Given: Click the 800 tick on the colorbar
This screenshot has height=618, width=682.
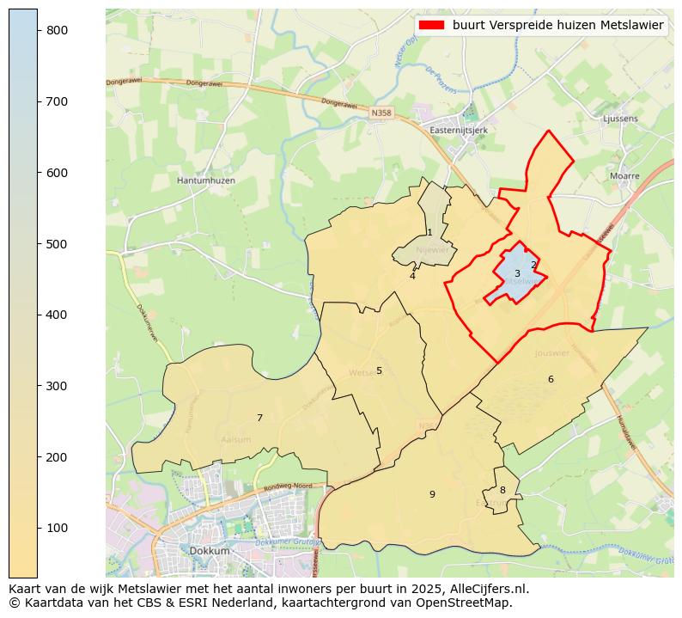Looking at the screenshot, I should [38, 30].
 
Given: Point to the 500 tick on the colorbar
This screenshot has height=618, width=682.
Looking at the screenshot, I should [38, 244].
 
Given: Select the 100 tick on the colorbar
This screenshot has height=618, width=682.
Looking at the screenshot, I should [38, 528].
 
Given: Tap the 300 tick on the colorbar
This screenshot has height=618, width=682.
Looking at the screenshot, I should [38, 386].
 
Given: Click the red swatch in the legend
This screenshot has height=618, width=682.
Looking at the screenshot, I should [432, 25].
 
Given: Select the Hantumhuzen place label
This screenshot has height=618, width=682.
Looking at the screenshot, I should [205, 181].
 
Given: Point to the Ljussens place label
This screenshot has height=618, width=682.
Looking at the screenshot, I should [623, 119].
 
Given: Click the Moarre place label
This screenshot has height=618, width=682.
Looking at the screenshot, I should [624, 175].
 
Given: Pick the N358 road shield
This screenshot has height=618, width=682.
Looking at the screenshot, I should [381, 113].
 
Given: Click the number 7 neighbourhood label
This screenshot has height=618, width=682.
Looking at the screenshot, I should [259, 419].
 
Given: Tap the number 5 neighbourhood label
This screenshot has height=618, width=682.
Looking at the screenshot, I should [379, 371].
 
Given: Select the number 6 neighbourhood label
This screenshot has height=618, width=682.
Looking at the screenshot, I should [551, 380].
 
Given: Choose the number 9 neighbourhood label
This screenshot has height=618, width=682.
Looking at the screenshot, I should [432, 494].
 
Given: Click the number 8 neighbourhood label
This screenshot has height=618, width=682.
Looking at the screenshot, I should [502, 491].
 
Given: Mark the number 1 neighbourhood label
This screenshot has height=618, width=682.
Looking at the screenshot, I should [429, 233].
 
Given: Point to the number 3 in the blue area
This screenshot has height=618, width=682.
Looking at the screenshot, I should [517, 274].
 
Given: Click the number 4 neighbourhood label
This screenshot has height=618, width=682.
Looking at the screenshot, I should [412, 276].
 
